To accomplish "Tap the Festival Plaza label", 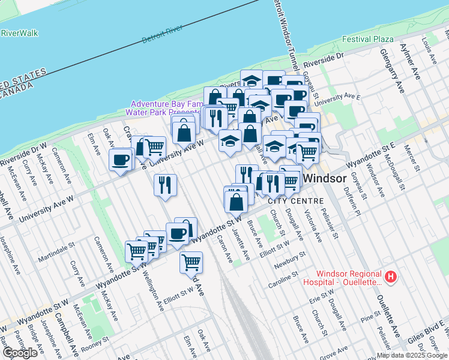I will click(x=367, y=39).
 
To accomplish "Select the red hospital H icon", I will click(x=391, y=277).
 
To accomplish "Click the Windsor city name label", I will click(x=324, y=179).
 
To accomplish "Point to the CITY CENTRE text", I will click(x=295, y=201).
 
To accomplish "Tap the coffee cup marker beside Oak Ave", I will click(x=120, y=160).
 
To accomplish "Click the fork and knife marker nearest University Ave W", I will click(x=165, y=185).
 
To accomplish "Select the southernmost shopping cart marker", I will click(x=191, y=263).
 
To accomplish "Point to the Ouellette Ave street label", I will click(x=388, y=316).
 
